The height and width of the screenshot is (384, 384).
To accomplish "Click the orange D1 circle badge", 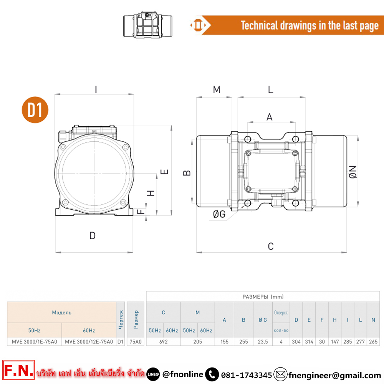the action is (35, 110).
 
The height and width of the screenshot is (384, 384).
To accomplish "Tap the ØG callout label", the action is (219, 214).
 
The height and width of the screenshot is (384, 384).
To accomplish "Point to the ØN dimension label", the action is (353, 172).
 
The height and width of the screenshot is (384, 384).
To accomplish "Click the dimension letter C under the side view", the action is (271, 247).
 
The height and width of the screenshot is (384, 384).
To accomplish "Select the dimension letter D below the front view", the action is (93, 236).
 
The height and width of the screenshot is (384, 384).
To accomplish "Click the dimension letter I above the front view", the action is (96, 89).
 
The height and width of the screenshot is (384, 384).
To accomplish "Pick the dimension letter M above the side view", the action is (217, 89).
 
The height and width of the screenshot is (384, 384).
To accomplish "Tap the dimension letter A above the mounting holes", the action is (270, 117).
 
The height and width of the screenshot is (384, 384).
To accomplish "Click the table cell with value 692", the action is (163, 342).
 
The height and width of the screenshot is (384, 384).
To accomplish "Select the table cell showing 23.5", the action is (263, 342).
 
